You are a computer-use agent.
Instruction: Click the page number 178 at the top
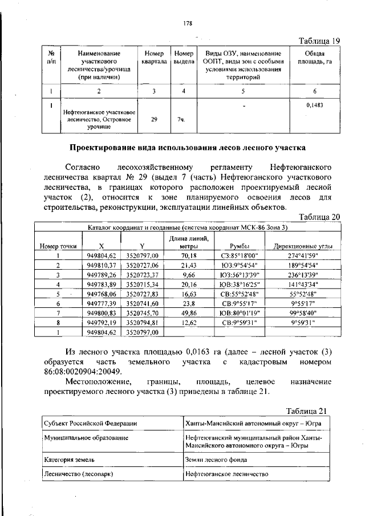(x=186, y=23)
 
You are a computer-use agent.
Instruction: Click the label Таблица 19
(x=319, y=40)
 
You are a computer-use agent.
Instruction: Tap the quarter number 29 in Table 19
(x=154, y=120)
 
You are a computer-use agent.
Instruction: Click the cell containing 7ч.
(x=181, y=120)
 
